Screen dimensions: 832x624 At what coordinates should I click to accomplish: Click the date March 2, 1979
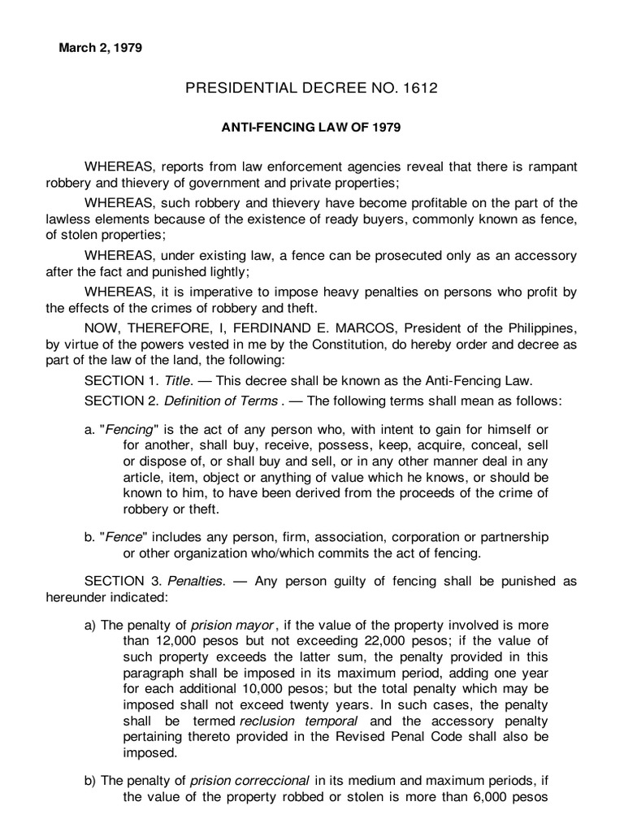coord(100,48)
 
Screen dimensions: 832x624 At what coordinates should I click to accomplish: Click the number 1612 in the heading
coord(419,88)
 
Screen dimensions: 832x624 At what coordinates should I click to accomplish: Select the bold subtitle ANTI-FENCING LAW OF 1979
coord(312,128)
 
